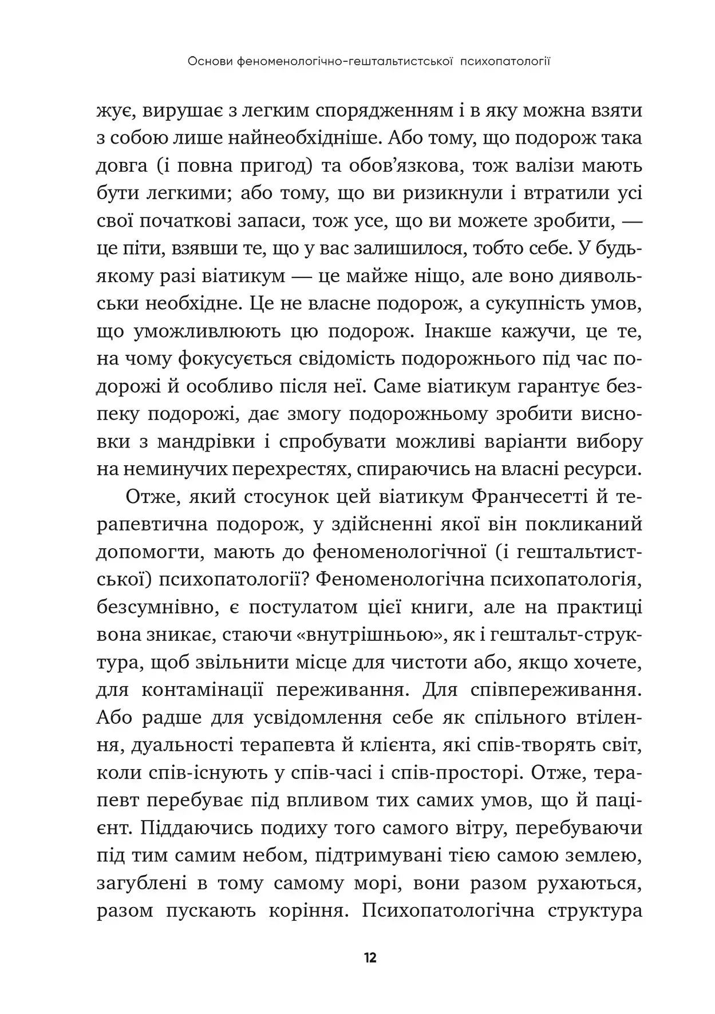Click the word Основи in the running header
point(210,61)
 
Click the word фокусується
point(235,359)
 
